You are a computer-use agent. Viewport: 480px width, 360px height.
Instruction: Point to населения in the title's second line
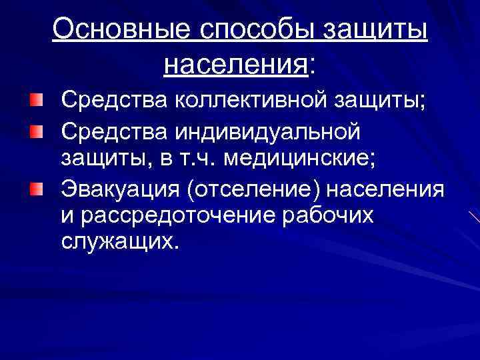tap(235, 65)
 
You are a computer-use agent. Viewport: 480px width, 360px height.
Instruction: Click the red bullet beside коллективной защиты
tap(35, 101)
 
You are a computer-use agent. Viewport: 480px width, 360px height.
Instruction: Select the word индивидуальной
tap(269, 131)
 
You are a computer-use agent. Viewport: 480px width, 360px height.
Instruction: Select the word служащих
tap(120, 243)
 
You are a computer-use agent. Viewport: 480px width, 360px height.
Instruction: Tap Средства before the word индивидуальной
tap(115, 131)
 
